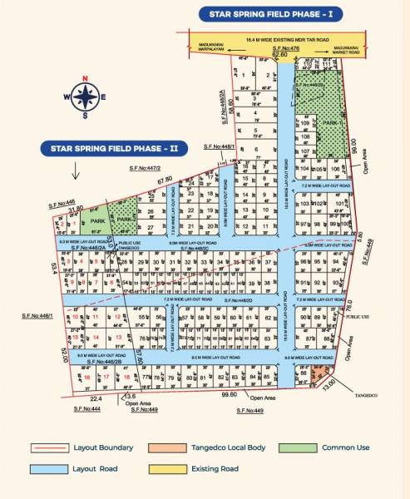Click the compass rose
pyautogui.click(x=84, y=99)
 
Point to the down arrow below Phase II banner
pyautogui.click(x=74, y=173)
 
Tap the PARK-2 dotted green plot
pyautogui.click(x=126, y=219)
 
